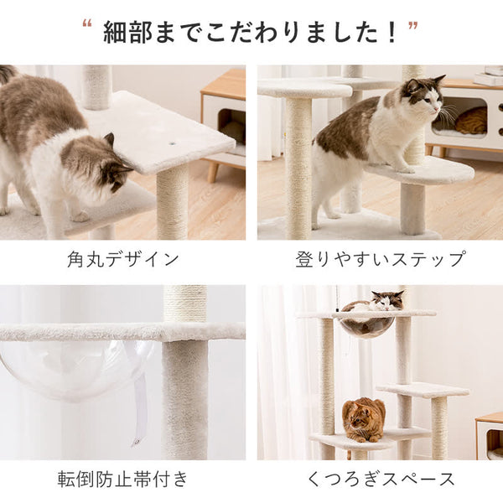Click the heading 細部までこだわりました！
coord(251,32)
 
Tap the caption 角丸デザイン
coord(123,259)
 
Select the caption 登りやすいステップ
coord(380,259)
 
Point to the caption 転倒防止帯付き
coord(122,479)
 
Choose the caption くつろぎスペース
coord(381,480)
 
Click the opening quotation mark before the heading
coord(87,23)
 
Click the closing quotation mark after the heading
coord(413,25)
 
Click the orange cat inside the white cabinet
coord(471,120)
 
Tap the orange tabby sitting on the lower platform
coord(364,419)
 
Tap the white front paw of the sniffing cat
coord(79,217)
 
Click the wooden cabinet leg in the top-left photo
coord(213,171)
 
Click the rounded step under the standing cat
coord(420,173)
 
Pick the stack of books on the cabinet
coord(489,75)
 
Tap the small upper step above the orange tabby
coord(423,391)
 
